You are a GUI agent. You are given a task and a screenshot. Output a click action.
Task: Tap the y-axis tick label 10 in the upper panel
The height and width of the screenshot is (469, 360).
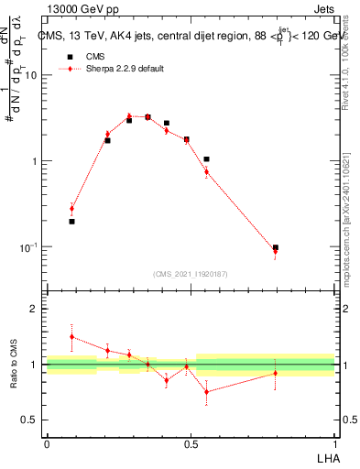pos(30,76)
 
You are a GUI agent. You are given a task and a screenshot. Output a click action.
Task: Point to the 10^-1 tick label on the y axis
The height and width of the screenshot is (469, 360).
pos(27,247)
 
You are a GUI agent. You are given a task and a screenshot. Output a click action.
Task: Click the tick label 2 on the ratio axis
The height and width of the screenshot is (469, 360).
pos(35,309)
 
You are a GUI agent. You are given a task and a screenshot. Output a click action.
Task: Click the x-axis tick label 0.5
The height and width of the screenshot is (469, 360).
pos(191,443)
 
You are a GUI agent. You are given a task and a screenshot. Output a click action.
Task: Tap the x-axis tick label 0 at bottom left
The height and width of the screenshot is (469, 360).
pos(47,443)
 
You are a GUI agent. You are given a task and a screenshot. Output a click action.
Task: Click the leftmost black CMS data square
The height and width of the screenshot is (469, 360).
pos(71,222)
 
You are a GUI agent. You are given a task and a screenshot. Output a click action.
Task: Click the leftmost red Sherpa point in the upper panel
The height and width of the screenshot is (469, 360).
pos(71,209)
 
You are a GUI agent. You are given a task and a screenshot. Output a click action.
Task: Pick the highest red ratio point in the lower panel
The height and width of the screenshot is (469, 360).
pos(71,336)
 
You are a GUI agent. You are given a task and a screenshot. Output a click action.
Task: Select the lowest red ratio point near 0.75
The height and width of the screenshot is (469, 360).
pos(206,392)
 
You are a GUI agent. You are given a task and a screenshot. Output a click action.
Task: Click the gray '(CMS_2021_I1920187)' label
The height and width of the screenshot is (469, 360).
pos(191,273)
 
